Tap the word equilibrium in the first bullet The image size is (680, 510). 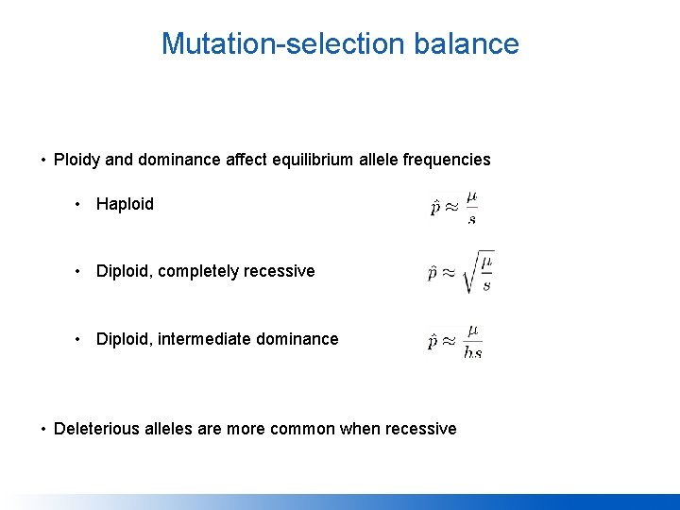(x=308, y=160)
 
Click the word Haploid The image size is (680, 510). (x=125, y=204)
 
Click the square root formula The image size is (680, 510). (x=460, y=272)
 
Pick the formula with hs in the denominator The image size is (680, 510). (x=455, y=341)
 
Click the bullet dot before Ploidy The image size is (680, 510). (x=43, y=160)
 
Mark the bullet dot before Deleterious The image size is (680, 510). (x=43, y=429)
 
